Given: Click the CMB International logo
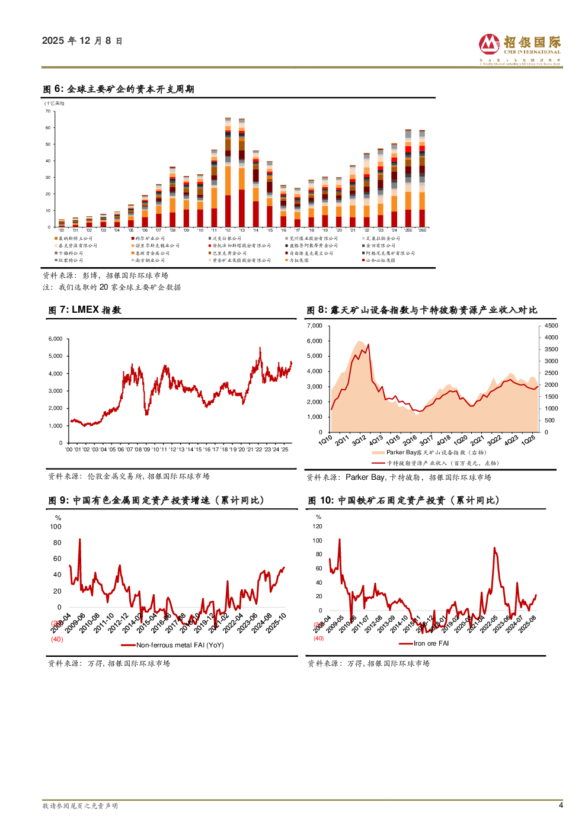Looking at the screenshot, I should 519,49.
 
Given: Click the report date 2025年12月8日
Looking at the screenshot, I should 82,41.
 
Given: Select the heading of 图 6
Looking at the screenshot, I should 119,89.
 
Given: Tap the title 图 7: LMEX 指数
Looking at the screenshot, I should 85,310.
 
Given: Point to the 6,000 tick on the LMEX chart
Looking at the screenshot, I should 55,339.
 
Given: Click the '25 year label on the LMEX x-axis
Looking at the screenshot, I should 285,450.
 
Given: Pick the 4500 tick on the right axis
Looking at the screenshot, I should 551,326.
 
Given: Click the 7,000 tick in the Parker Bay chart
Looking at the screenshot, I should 314,326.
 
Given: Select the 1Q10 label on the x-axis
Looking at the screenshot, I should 325,441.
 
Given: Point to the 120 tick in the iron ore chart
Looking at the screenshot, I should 318,526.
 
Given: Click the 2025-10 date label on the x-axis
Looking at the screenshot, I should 276,623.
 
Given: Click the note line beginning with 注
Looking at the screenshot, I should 111,287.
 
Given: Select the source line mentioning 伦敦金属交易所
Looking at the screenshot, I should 129,476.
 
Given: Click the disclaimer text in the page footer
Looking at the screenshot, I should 80,806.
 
